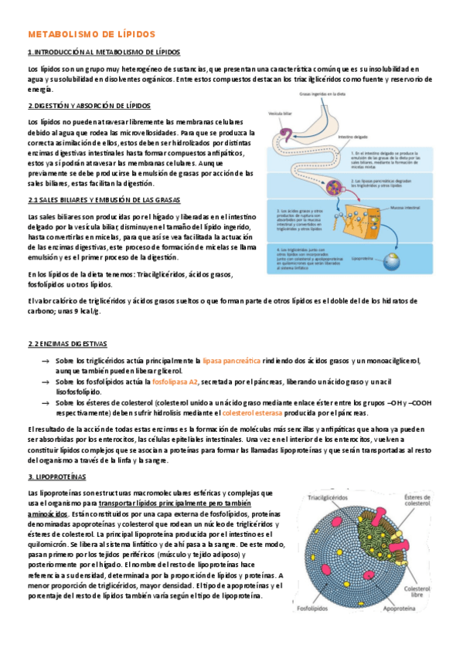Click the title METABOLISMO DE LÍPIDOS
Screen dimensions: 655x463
91,35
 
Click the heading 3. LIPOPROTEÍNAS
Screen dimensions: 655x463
56,477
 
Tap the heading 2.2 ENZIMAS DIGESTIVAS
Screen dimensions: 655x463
67,343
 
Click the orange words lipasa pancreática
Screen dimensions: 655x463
232,361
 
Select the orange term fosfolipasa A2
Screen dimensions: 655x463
175,382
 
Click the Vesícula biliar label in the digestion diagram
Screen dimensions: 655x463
281,114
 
